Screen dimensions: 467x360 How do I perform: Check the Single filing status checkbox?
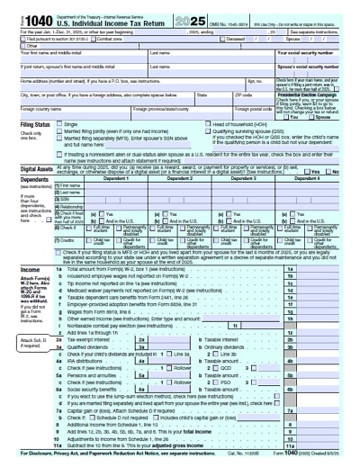pyautogui.click(x=60, y=122)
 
